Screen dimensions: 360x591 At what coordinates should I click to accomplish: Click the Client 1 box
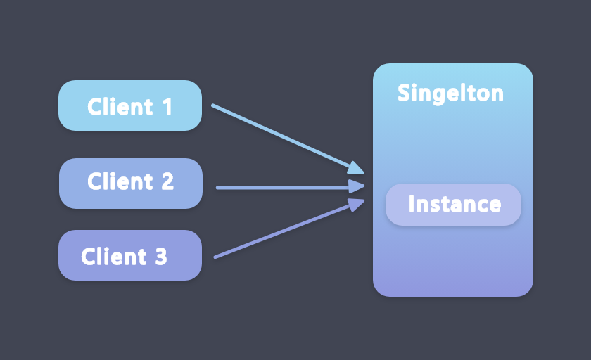pyautogui.click(x=130, y=105)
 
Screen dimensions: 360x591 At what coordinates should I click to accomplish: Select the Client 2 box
pyautogui.click(x=130, y=184)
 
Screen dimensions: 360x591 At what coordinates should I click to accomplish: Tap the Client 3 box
pyautogui.click(x=130, y=255)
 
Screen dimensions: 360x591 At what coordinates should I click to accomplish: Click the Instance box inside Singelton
pyautogui.click(x=454, y=205)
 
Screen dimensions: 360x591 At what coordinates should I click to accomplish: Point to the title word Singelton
pyautogui.click(x=450, y=93)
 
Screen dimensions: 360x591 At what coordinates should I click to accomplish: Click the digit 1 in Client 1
pyautogui.click(x=167, y=107)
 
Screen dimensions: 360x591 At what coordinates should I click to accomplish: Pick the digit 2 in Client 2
pyautogui.click(x=167, y=181)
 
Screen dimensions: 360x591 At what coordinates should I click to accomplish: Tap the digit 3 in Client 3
pyautogui.click(x=160, y=257)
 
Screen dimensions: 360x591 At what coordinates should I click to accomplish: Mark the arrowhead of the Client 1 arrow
pyautogui.click(x=357, y=168)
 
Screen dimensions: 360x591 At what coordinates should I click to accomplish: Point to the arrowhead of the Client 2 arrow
pyautogui.click(x=357, y=187)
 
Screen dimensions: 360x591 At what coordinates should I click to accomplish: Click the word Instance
pyautogui.click(x=455, y=205)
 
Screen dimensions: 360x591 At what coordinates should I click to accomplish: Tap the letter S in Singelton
pyautogui.click(x=404, y=93)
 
